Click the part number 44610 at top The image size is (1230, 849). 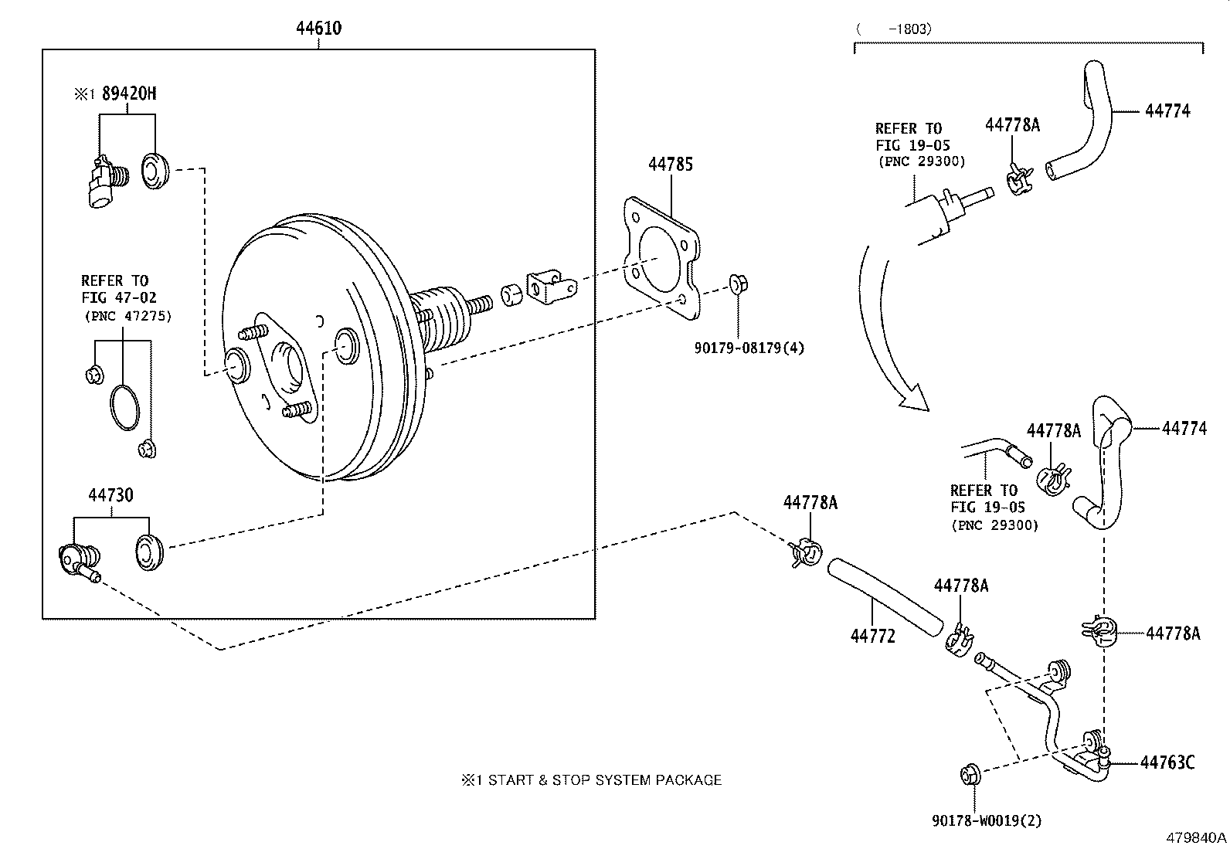318,29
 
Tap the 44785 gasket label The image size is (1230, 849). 671,164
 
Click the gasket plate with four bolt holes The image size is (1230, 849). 662,258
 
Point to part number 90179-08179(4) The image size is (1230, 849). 749,348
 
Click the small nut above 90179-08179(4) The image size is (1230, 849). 738,284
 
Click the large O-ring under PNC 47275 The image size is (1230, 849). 124,407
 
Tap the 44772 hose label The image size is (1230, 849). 872,636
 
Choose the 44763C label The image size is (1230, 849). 1167,762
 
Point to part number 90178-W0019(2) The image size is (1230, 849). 987,821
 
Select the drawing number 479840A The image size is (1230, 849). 1196,838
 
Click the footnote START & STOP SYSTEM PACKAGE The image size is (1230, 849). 592,780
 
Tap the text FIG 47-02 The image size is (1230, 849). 119,297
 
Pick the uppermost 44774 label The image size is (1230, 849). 1167,110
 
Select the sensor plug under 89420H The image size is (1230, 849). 105,182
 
